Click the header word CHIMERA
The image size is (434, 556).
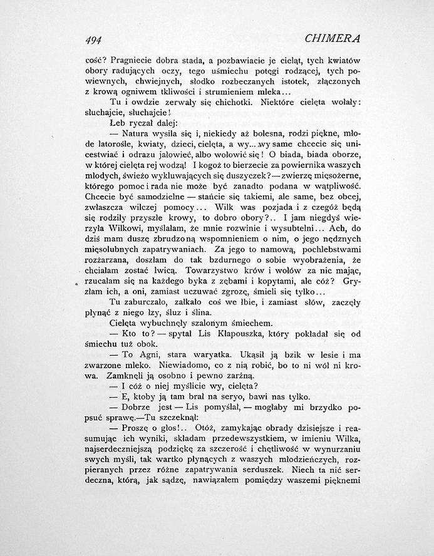[x=332, y=39]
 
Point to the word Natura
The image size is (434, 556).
[x=139, y=133]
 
